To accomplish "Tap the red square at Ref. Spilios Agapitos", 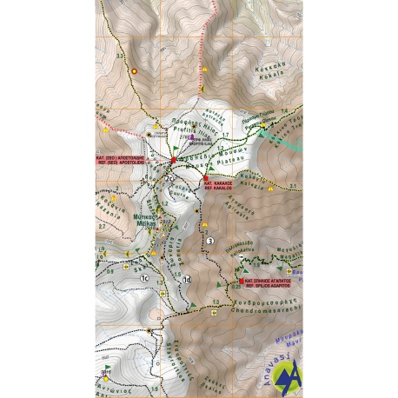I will (240, 281).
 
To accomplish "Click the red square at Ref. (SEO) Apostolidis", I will (172, 159).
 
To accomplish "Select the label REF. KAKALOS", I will (218, 188).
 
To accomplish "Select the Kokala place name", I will (268, 75).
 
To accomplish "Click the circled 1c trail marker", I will (148, 278).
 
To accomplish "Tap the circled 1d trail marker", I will (188, 278).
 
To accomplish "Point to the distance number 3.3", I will (120, 55).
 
